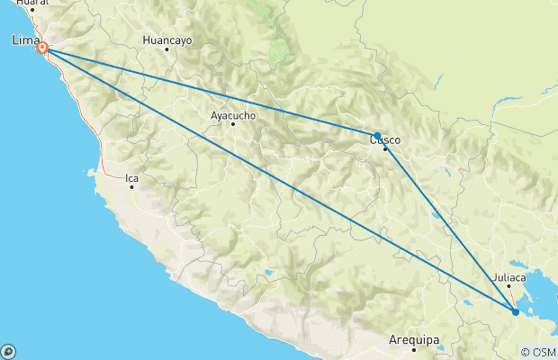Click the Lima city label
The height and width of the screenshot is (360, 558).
coord(24,40)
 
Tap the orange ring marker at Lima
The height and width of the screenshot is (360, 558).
coord(42,48)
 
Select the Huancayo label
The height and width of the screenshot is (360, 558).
coord(168,40)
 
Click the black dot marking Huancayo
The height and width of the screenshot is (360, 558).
coord(166,49)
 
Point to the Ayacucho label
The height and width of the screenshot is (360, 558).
coord(233,115)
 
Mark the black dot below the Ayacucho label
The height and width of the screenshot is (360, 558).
coord(233,124)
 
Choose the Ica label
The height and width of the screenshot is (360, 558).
coord(132,178)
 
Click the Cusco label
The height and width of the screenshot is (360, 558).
coord(385,139)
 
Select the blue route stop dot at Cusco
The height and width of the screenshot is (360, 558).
coord(377,136)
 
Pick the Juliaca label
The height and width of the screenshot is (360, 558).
coord(509,277)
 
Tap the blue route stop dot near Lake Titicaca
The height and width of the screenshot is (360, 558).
coord(515,311)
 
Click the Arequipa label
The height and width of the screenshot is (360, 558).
coord(414,340)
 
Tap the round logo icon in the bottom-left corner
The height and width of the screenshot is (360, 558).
coord(8,351)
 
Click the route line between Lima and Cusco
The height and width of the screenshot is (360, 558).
coord(207,91)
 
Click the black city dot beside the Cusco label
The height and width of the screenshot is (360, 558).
coord(385,148)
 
